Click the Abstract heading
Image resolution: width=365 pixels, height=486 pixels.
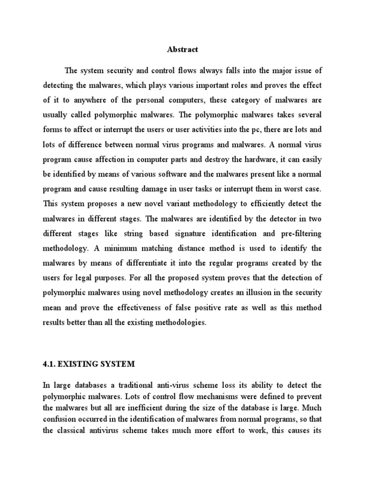(x=182, y=48)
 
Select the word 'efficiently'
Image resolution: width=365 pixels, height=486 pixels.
(x=270, y=204)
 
